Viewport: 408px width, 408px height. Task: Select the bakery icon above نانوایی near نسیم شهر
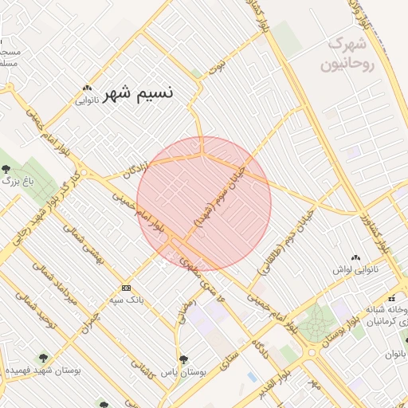coord(88,88)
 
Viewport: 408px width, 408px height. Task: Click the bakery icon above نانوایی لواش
coord(355,258)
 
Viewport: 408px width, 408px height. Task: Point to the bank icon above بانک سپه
coord(126,288)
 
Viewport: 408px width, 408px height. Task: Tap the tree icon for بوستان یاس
coord(184,359)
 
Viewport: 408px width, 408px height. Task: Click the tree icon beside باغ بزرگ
coord(7,169)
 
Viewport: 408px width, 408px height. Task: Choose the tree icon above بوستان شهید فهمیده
coord(43,359)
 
